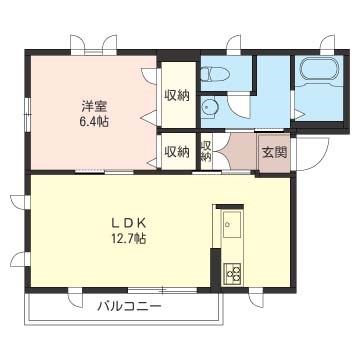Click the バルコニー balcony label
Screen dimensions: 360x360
pos(130,305)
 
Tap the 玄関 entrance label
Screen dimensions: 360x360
pos(273,152)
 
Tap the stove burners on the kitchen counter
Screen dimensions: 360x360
pos(233,271)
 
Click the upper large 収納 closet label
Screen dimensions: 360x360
pos(177,95)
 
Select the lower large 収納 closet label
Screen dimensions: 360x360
pos(177,152)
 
